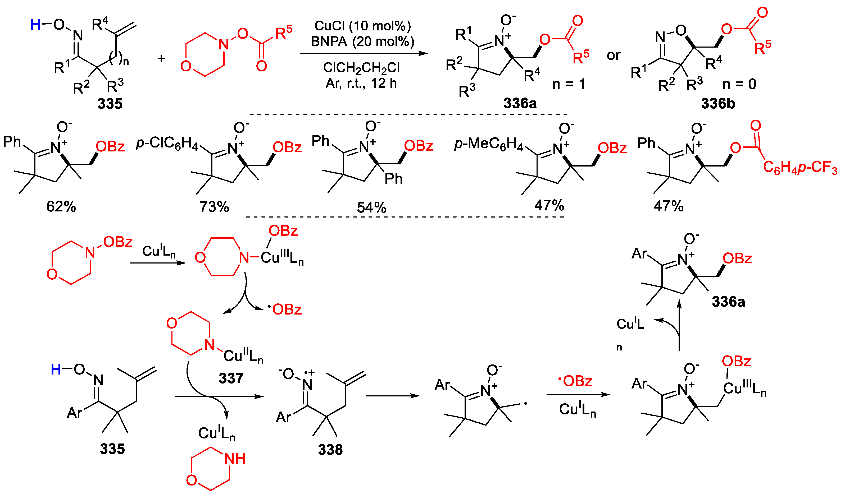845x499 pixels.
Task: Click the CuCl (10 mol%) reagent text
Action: click(x=362, y=26)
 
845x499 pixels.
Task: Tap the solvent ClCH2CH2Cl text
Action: click(x=361, y=68)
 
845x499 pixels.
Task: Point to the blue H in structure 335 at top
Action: click(x=35, y=25)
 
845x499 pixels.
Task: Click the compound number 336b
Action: click(x=718, y=104)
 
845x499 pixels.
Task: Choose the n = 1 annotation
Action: click(x=569, y=84)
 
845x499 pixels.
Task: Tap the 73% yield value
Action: click(x=214, y=207)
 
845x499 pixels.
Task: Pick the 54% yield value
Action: click(x=371, y=207)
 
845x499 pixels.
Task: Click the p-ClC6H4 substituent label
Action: click(x=167, y=144)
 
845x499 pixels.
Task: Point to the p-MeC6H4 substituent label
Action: click(x=489, y=144)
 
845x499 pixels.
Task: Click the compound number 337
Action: click(x=231, y=378)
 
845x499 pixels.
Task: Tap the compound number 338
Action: click(x=330, y=450)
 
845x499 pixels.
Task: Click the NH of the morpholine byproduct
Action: click(x=235, y=459)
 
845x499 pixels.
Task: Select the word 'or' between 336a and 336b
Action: click(x=613, y=56)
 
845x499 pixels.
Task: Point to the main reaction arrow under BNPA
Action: click(x=364, y=53)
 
